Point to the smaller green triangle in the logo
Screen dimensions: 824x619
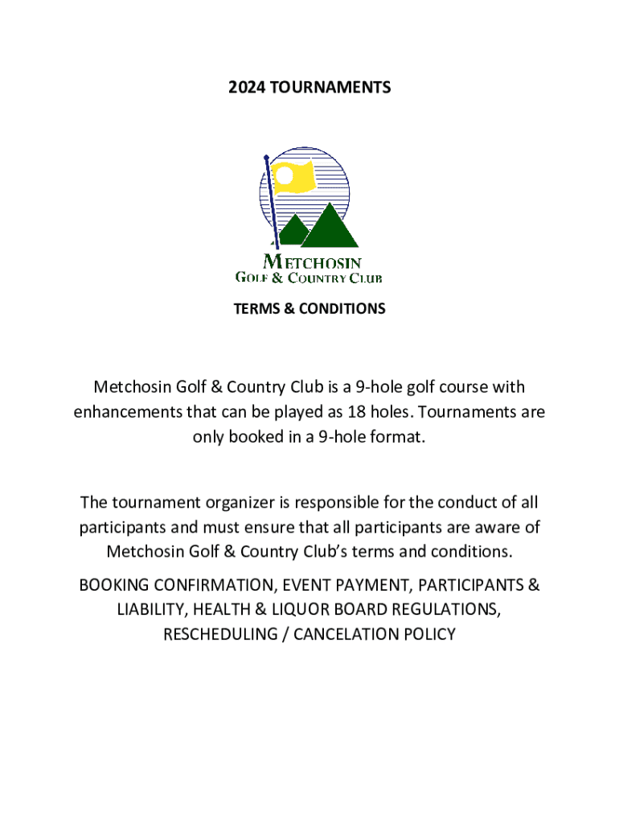click(x=294, y=230)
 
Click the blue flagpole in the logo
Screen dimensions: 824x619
click(x=271, y=201)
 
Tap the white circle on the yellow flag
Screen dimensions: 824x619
click(x=285, y=174)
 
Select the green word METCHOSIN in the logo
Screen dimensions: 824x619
click(x=313, y=262)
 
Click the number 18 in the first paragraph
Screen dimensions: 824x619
click(x=356, y=413)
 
